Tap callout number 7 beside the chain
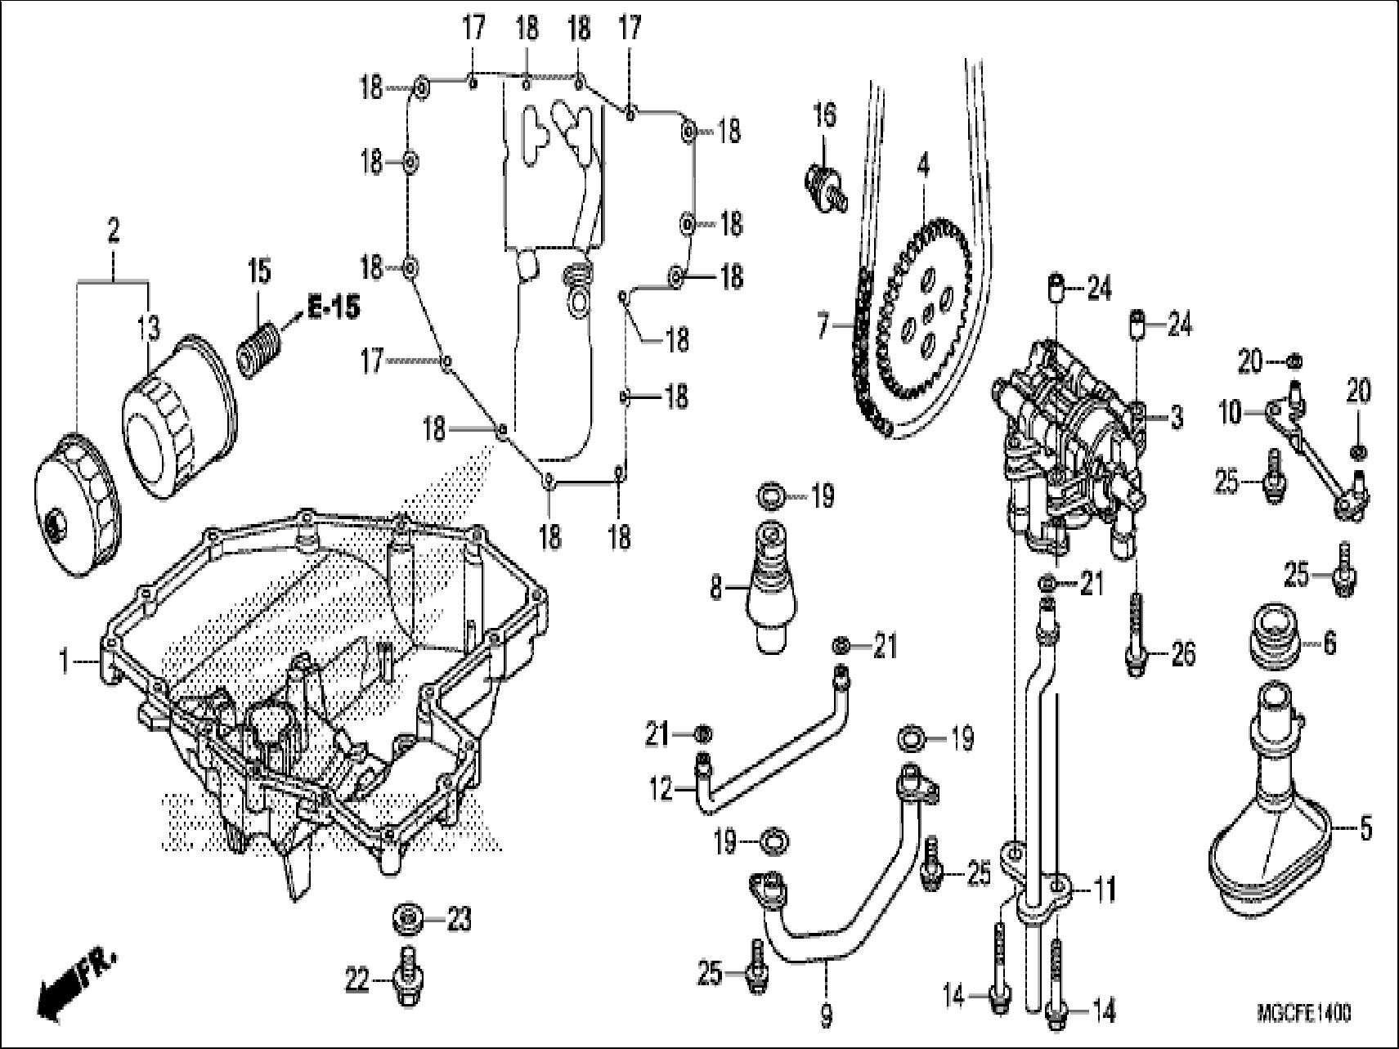coord(824,326)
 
